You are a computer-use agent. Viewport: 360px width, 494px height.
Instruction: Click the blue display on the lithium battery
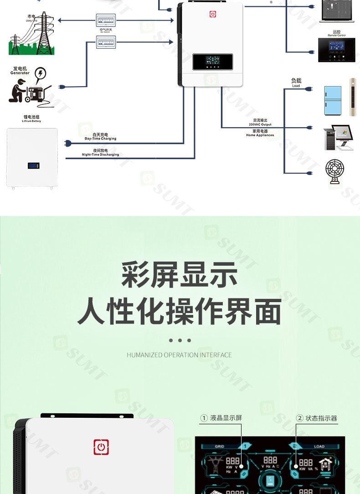[32, 166]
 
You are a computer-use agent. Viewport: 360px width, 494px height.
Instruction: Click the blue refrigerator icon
[332, 100]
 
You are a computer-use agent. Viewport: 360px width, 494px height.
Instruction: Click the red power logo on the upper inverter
[213, 14]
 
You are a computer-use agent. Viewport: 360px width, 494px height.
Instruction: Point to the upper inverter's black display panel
[212, 62]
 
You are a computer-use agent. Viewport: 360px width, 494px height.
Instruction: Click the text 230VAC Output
[260, 124]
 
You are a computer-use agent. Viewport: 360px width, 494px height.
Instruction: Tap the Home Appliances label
[260, 135]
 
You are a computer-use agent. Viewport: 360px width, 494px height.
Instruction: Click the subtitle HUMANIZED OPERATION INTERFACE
[179, 355]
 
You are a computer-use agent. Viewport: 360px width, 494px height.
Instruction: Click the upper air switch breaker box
[105, 20]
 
